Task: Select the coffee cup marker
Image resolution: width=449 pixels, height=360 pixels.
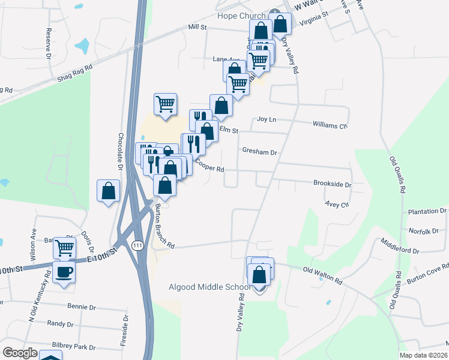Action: (64, 272)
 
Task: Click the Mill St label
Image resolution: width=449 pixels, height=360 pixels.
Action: (197, 27)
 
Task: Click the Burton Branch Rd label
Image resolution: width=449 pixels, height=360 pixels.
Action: (163, 226)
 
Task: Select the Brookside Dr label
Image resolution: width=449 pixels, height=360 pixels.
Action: (332, 184)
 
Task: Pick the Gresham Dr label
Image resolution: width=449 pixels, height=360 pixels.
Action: (259, 152)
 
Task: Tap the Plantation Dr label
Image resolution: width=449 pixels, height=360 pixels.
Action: (427, 212)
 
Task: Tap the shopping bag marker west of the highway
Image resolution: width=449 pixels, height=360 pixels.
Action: (109, 191)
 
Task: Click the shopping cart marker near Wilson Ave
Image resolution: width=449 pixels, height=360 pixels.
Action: (64, 247)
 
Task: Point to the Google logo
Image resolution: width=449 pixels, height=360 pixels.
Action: (20, 353)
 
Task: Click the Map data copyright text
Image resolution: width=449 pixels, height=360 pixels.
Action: (423, 355)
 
